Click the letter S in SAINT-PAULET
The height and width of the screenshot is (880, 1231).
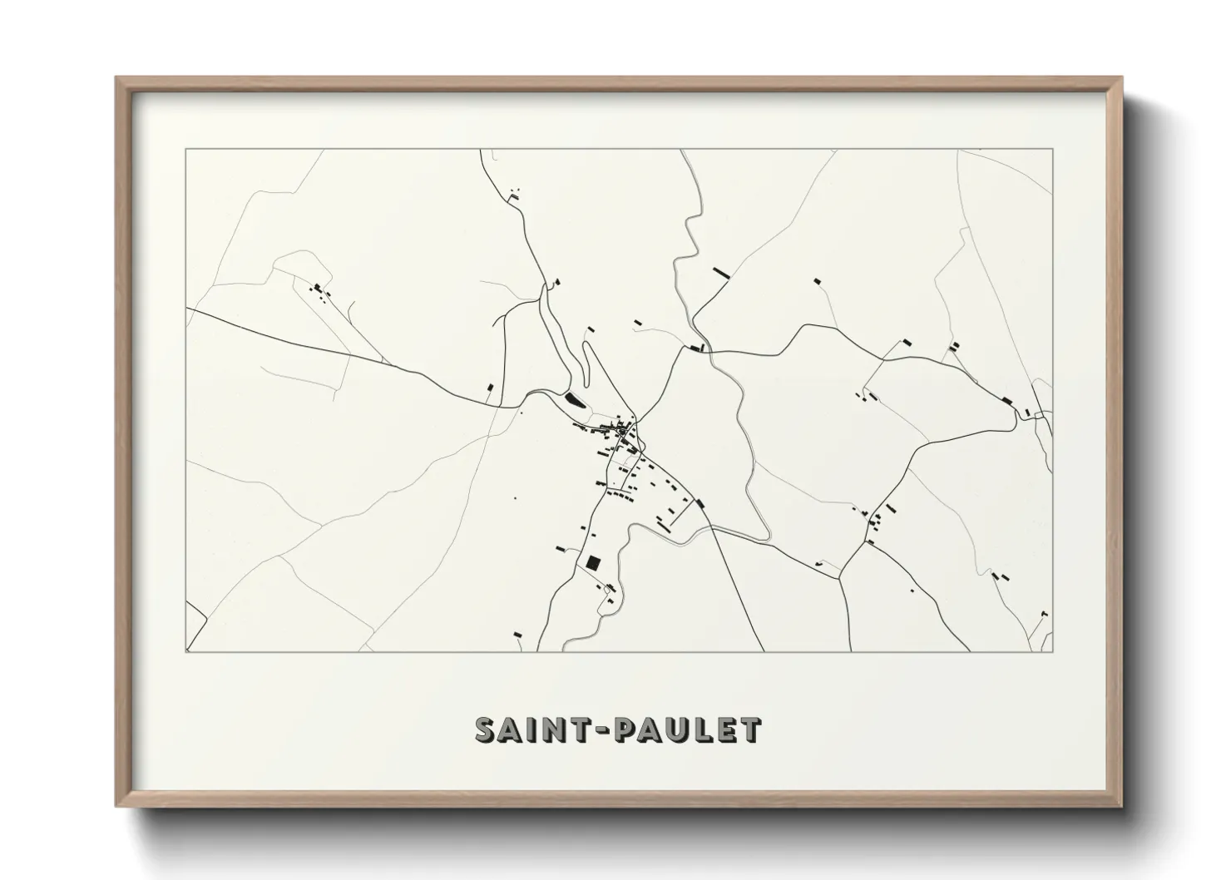point(487,729)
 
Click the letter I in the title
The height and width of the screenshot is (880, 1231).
point(535,729)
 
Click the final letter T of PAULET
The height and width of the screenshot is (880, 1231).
point(750,729)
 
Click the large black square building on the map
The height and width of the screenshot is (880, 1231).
point(593,562)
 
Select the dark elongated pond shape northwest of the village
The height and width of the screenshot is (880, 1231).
point(575,400)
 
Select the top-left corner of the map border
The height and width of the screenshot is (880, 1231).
point(186,149)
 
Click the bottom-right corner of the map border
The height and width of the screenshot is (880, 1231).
point(1053,651)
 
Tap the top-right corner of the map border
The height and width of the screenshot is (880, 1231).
point(1053,149)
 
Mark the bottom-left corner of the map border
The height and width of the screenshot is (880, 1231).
point(186,651)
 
